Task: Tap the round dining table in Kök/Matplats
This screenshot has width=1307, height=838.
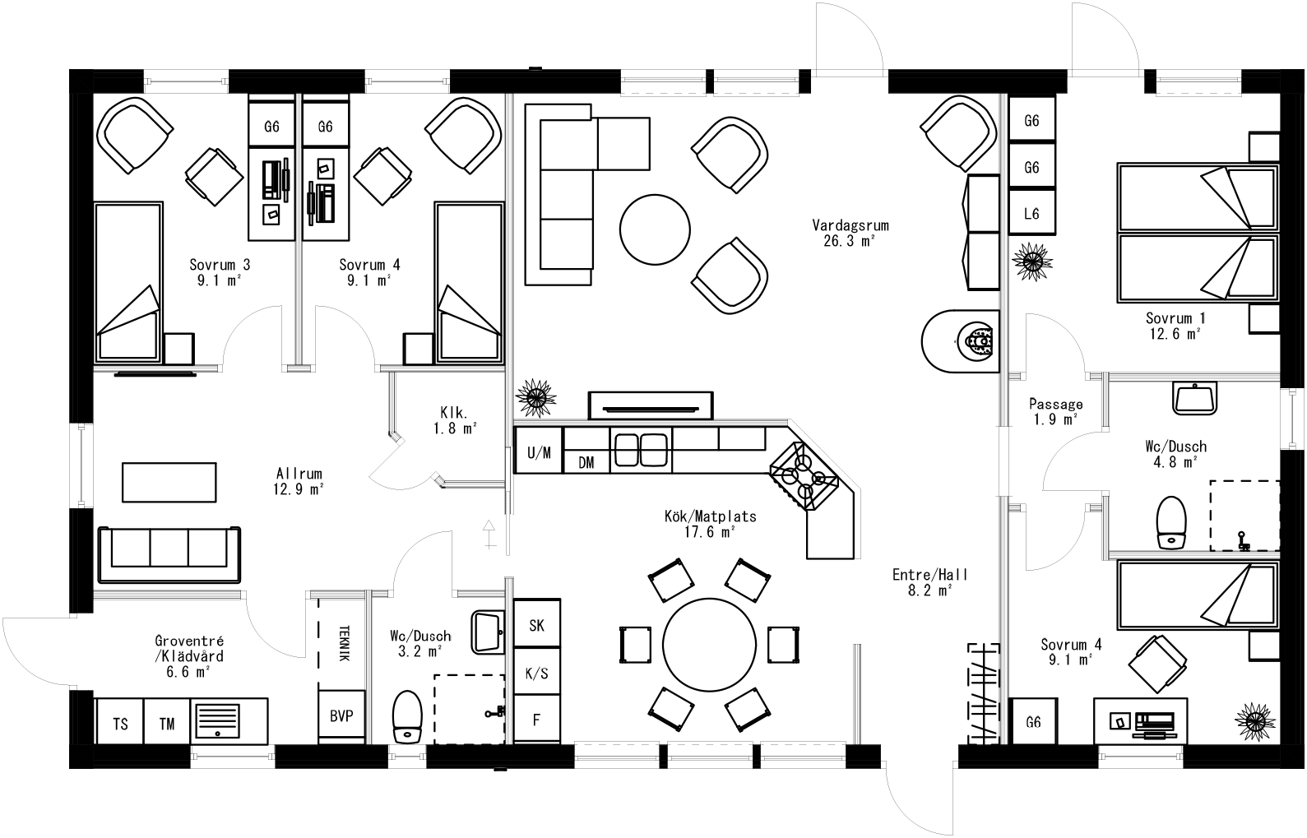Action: tap(709, 642)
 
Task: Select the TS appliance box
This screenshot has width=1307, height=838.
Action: tap(120, 724)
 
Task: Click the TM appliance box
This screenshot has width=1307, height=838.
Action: tap(167, 724)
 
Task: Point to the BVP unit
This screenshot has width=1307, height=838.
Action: tap(341, 716)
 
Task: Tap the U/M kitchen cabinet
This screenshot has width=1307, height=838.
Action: tap(539, 451)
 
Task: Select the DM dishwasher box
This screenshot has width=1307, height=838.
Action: tap(586, 463)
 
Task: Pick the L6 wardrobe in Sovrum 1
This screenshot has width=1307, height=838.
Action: tap(1031, 214)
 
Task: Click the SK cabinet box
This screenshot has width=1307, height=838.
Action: tap(536, 625)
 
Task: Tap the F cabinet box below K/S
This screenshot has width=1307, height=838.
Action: tap(536, 720)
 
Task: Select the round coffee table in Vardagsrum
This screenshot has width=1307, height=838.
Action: tap(655, 228)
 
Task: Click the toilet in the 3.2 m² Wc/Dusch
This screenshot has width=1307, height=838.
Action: tap(406, 717)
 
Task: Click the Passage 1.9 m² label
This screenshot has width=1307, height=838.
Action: tap(1055, 411)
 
